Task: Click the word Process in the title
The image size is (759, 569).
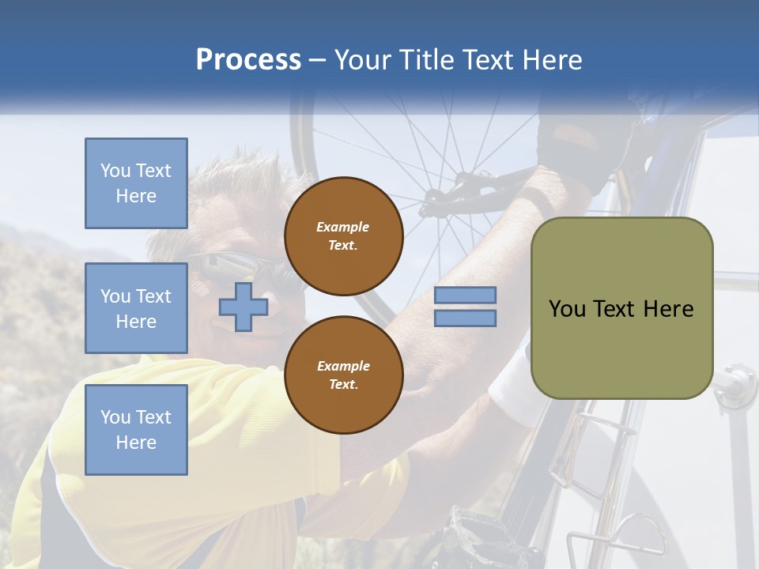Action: tap(248, 60)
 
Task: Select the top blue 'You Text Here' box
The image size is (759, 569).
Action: tap(136, 183)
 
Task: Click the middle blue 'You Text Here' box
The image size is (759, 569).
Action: tap(136, 308)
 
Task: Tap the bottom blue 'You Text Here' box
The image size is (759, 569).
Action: tap(136, 430)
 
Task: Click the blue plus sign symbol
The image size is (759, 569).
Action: tap(243, 306)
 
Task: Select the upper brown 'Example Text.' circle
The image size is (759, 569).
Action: tap(343, 236)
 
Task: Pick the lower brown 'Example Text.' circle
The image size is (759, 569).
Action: tap(343, 375)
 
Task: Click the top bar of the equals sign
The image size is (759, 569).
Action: tap(465, 295)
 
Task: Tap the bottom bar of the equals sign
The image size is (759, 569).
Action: tap(465, 318)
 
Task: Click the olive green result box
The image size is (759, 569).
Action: tap(621, 308)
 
